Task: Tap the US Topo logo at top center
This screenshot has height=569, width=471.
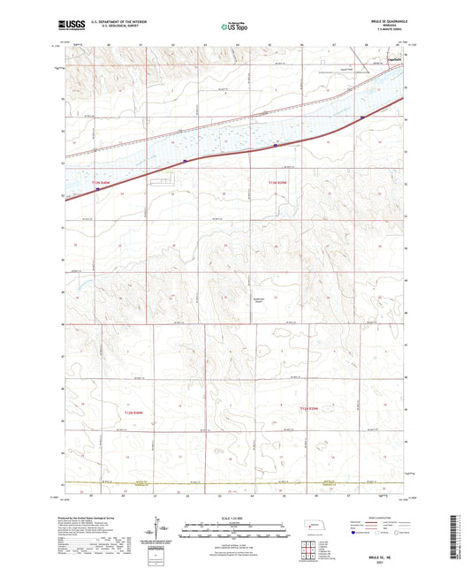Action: pyautogui.click(x=233, y=27)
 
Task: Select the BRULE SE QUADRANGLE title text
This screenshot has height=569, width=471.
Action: pyautogui.click(x=382, y=20)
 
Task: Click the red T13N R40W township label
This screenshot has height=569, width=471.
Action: pyautogui.click(x=101, y=183)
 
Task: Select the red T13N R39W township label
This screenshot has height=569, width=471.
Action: pyautogui.click(x=277, y=183)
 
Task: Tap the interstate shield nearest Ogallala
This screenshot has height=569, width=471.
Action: pyautogui.click(x=362, y=115)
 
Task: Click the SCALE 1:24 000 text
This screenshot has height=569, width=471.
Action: pyautogui.click(x=233, y=517)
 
